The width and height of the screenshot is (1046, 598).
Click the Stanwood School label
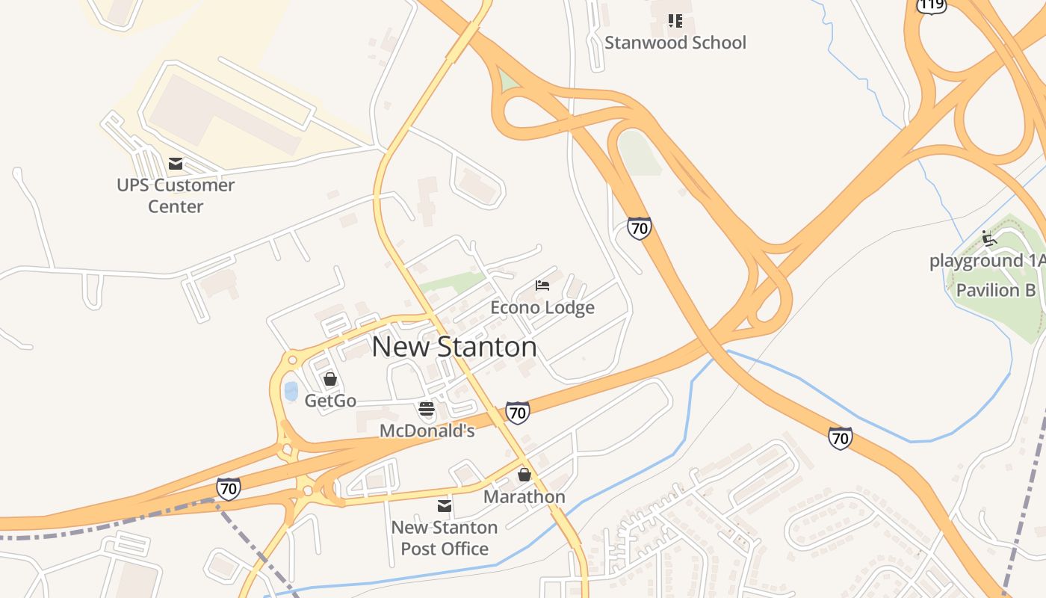coord(675,43)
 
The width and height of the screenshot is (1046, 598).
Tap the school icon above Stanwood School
coord(675,20)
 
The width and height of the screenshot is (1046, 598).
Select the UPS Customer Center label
coord(176,195)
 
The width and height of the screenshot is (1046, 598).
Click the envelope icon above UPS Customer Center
coord(176,164)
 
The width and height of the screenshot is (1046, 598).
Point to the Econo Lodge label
coord(542,307)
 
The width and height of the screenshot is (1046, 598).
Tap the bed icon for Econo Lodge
coord(542,286)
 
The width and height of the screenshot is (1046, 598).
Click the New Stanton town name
coord(454,347)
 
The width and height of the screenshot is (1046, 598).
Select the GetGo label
coord(330,401)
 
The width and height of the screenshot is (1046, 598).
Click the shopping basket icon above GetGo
coord(330,379)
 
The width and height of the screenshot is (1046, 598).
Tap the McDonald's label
coord(427,431)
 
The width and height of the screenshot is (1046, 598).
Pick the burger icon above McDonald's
coord(427,409)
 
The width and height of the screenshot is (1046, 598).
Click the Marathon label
coord(524,496)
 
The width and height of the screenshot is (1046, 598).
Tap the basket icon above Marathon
coord(524,475)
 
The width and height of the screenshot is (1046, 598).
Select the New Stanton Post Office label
coord(445,537)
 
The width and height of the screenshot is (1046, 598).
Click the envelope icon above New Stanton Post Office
coord(445,506)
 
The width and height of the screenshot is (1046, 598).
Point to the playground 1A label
coord(986,261)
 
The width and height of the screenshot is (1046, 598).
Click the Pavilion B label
coord(996,290)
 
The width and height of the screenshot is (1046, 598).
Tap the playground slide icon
coord(989,238)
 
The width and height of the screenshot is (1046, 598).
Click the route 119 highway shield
coord(932,4)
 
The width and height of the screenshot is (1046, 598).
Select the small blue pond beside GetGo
coord(291,391)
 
